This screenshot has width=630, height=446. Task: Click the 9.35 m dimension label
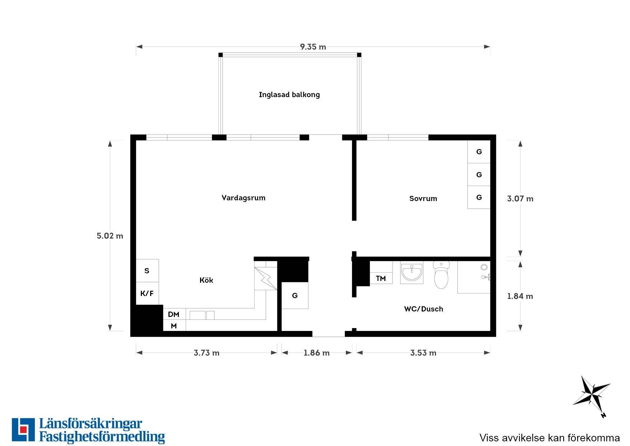[313, 47]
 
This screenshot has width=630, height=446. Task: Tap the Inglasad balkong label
[289, 95]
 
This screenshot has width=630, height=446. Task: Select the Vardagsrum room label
[244, 198]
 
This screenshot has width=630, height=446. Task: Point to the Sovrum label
[423, 199]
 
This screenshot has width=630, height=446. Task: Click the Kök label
[206, 280]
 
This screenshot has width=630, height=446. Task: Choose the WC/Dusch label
[423, 309]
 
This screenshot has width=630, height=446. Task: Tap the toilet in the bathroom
[441, 274]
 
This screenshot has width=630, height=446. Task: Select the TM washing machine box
[381, 278]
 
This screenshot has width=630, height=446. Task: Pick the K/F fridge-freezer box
[147, 293]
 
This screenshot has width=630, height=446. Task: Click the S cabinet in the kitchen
[147, 270]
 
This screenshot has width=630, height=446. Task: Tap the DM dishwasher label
[173, 314]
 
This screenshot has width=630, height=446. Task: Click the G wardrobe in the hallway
[295, 295]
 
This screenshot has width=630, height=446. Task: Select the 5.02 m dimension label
[110, 236]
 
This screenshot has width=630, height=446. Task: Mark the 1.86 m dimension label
[316, 353]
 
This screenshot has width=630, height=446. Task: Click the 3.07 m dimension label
[520, 199]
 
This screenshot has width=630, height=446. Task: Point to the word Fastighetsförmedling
[102, 437]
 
